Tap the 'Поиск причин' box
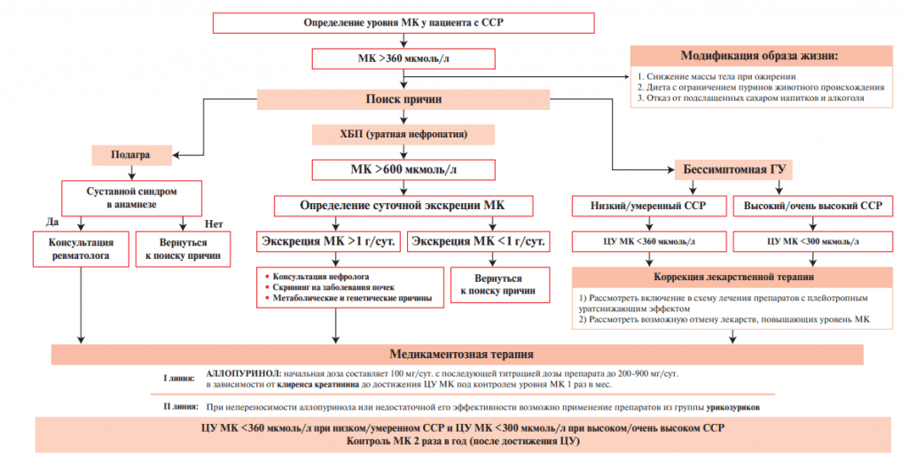pyautogui.click(x=403, y=98)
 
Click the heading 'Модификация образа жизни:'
pyautogui.click(x=758, y=55)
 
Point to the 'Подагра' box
pyautogui.click(x=129, y=154)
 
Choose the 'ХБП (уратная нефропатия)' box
pyautogui.click(x=403, y=135)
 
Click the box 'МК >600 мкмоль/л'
pyautogui.click(x=403, y=168)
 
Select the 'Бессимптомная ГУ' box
pyautogui.click(x=736, y=168)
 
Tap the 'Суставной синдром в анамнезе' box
pyautogui.click(x=130, y=196)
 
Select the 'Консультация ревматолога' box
pyautogui.click(x=82, y=248)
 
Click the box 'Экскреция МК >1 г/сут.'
pyautogui.click(x=329, y=241)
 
